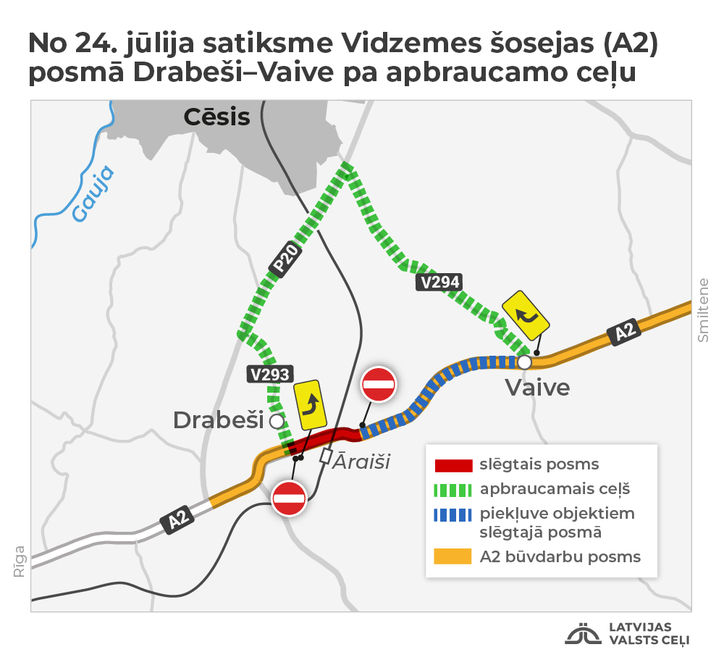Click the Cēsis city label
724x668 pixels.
[216, 117]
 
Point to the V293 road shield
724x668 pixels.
[269, 375]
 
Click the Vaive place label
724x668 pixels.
[537, 388]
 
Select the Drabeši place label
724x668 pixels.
[218, 419]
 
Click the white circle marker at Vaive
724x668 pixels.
[525, 361]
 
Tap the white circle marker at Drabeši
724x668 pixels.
[276, 420]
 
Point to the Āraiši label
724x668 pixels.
[361, 461]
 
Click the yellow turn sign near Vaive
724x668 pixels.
[526, 315]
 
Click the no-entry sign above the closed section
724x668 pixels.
[379, 384]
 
